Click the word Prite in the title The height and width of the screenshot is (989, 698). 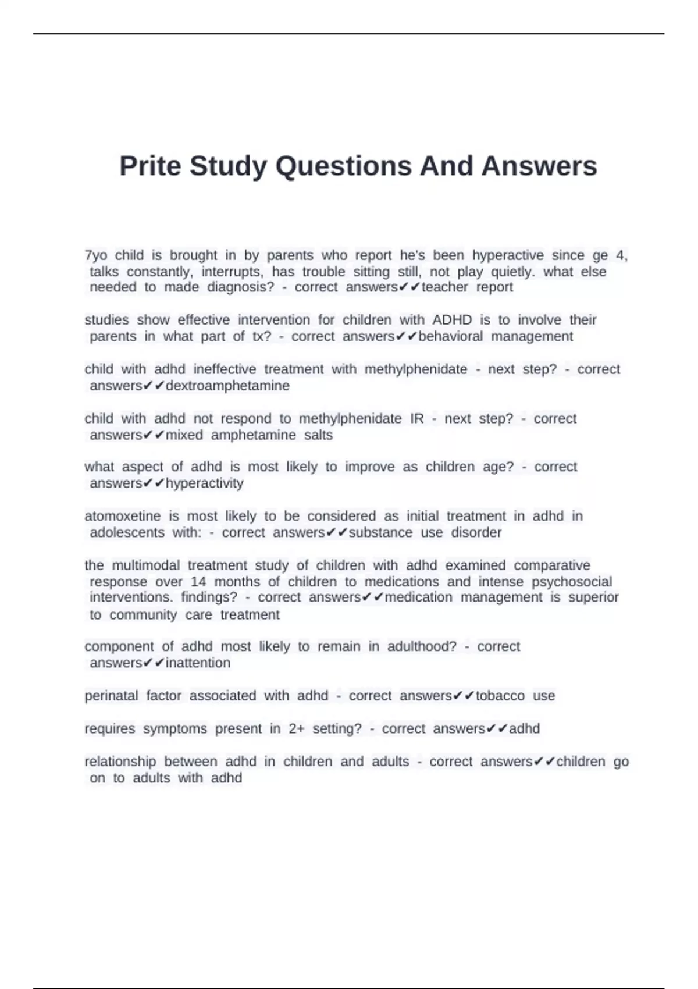click(151, 166)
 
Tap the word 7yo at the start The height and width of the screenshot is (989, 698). click(96, 255)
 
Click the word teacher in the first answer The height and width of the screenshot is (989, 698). click(445, 287)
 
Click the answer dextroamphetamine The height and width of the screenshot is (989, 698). click(227, 386)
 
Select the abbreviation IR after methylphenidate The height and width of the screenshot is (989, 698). click(417, 419)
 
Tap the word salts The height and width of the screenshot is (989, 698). click(318, 435)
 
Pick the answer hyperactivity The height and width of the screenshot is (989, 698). click(205, 483)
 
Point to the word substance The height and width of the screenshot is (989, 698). click(381, 533)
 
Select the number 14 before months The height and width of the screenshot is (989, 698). click(198, 582)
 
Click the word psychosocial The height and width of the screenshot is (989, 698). click(572, 582)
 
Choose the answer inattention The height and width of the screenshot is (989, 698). click(198, 663)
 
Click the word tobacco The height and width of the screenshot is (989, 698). click(500, 696)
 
